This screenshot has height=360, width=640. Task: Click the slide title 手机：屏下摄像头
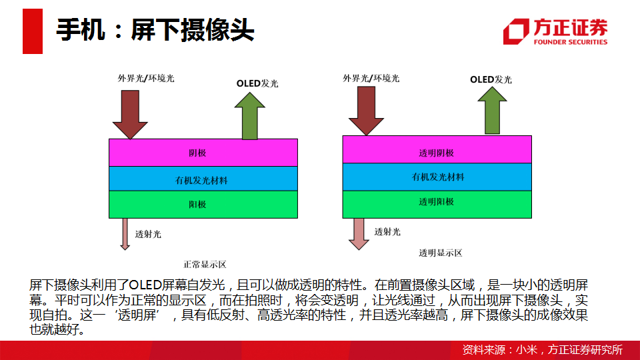pos(155,30)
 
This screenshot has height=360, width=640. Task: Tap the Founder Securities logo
pos(555,31)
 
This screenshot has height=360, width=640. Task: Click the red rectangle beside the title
pos(33,31)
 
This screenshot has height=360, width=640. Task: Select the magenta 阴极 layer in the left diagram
pos(203,153)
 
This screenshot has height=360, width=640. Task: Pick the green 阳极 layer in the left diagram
pos(203,205)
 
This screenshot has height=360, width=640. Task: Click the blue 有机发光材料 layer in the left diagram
pos(203,179)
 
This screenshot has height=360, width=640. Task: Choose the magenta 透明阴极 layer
pos(437,150)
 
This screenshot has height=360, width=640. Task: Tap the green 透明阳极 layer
pos(437,204)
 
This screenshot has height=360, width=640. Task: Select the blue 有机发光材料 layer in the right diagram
pos(437,177)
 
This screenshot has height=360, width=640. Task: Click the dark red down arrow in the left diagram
pos(130,115)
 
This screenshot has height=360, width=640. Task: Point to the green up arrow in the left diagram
pos(250,116)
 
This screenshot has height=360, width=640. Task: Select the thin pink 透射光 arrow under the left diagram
pos(125,234)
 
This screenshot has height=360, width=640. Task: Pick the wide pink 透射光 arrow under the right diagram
pos(359,234)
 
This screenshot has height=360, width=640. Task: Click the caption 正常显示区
pos(205,265)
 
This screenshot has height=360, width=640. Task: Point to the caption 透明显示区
pos(441,253)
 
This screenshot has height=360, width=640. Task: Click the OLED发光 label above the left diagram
pos(257,83)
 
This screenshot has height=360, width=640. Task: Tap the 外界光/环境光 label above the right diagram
pos(371,78)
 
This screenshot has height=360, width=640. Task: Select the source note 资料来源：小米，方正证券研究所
pos(542,350)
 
